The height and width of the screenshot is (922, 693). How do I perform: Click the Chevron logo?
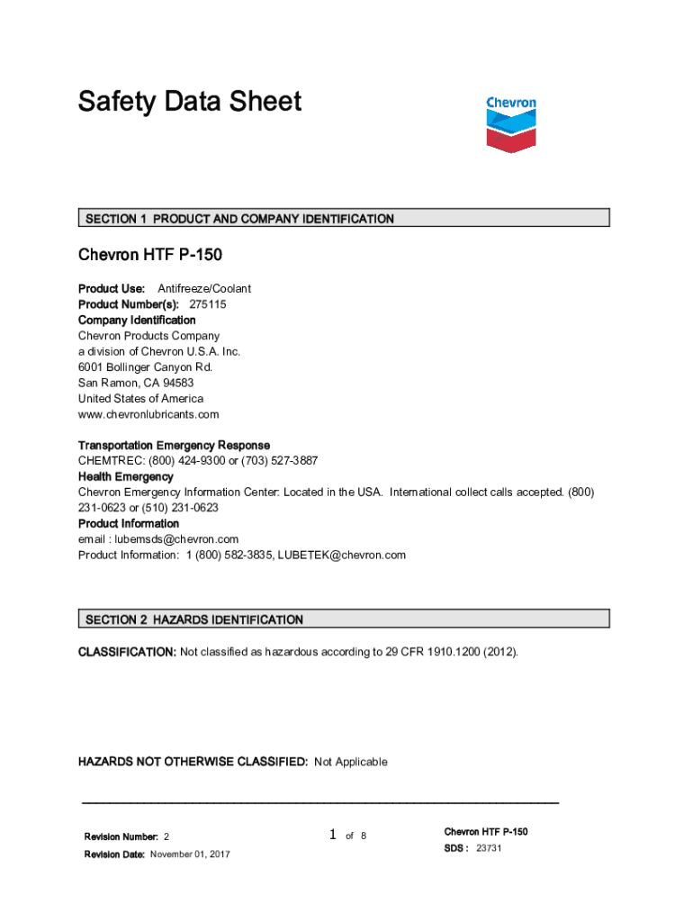pos(510,123)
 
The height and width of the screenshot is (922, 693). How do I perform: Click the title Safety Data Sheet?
pos(190,102)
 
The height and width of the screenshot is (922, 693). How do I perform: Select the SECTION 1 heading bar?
pos(344,218)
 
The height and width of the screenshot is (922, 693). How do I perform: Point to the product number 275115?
pos(207,304)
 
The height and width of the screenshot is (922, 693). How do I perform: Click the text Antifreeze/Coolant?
pos(204,288)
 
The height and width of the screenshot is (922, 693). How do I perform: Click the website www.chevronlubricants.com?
pos(148,414)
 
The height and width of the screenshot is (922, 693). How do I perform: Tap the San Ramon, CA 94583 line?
pos(136,383)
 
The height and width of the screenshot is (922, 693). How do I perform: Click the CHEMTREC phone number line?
pos(198,460)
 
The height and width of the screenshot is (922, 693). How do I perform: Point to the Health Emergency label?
pos(125,476)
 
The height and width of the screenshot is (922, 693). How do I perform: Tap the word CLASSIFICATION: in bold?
pos(127,651)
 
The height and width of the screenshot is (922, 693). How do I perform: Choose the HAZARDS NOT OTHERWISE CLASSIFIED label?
pos(193,762)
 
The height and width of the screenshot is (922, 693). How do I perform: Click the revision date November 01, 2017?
pos(189,854)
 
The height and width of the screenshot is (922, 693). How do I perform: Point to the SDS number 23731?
pos(489,848)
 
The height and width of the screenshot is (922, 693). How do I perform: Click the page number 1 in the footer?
pos(332,836)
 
